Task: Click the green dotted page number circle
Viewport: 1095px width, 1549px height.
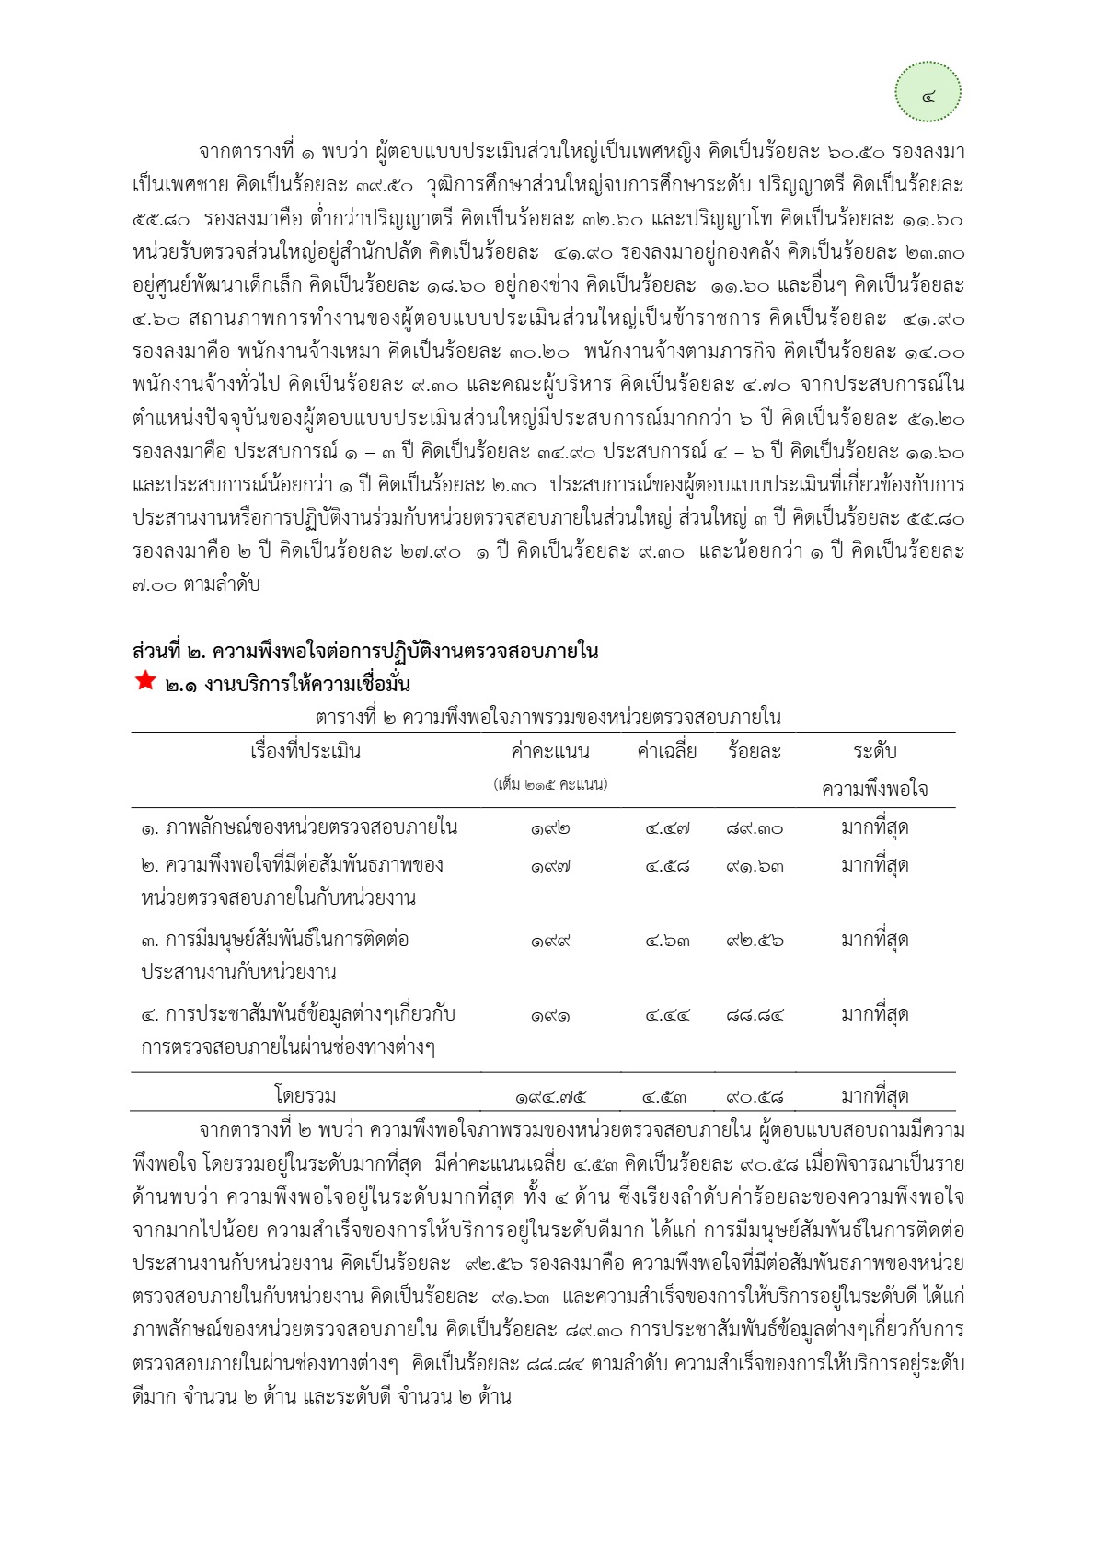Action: pyautogui.click(x=928, y=92)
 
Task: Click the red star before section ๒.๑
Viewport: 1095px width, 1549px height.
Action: pyautogui.click(x=144, y=681)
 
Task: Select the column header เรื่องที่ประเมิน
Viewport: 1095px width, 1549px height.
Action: pyautogui.click(x=305, y=752)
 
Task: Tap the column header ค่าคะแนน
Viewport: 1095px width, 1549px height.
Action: pyautogui.click(x=549, y=752)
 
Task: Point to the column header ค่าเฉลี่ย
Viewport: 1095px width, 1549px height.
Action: pyautogui.click(x=666, y=752)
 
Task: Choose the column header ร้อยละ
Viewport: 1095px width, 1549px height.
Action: pyautogui.click(x=754, y=752)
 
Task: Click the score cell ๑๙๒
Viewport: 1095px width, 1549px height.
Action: pyautogui.click(x=549, y=829)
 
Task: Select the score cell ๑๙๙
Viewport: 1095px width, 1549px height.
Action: pyautogui.click(x=549, y=942)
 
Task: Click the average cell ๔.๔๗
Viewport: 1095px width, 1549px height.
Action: pyautogui.click(x=667, y=829)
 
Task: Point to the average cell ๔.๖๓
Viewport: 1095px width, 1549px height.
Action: pyautogui.click(x=667, y=942)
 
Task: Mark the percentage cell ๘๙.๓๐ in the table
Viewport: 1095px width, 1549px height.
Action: pyautogui.click(x=755, y=829)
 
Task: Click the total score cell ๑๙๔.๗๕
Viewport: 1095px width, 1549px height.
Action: pyautogui.click(x=550, y=1097)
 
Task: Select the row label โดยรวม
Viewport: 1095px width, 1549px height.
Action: pyautogui.click(x=305, y=1096)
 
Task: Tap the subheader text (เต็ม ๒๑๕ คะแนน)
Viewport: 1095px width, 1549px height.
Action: pyautogui.click(x=549, y=785)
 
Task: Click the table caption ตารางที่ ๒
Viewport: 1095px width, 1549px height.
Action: pyautogui.click(x=547, y=717)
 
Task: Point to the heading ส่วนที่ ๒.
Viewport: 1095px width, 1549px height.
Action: pyautogui.click(x=365, y=652)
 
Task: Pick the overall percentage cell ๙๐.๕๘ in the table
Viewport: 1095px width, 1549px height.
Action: pyautogui.click(x=755, y=1097)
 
